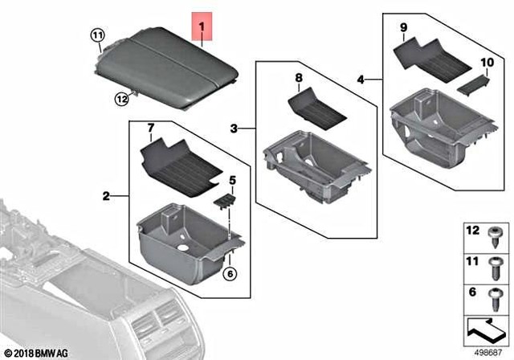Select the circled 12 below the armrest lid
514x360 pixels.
tap(121, 99)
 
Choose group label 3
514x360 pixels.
tap(234, 128)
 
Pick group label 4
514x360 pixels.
tap(361, 79)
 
